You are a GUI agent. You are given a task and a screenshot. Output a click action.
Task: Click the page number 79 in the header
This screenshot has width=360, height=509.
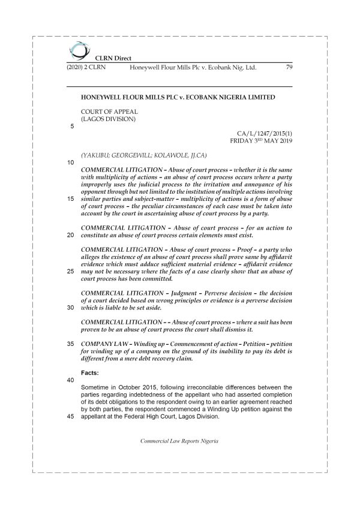click(x=288, y=68)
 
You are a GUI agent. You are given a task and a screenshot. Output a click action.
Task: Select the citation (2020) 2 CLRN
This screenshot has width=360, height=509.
click(x=85, y=68)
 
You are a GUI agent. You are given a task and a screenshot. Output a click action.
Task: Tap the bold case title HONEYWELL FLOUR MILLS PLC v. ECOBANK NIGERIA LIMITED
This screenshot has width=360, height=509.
click(x=178, y=97)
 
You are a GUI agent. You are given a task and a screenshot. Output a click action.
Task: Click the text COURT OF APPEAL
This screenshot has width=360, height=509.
click(x=109, y=111)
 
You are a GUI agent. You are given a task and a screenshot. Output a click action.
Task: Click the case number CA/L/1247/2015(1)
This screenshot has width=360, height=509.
click(x=264, y=132)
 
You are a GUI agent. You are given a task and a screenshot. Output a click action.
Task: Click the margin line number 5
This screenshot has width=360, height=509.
click(x=72, y=127)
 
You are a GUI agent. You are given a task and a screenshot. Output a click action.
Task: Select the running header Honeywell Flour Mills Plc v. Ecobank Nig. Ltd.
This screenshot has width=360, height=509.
click(x=193, y=68)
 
